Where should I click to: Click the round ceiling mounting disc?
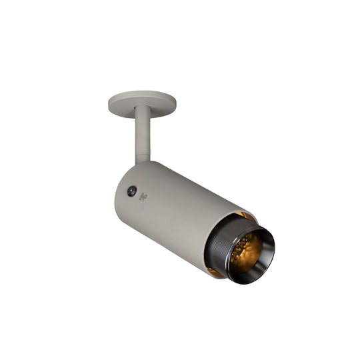tap(142, 101)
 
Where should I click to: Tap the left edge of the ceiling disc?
tap(109, 103)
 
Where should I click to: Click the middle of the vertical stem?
tap(143, 136)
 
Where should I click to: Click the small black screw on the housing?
tap(132, 191)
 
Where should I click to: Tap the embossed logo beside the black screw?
tap(143, 195)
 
